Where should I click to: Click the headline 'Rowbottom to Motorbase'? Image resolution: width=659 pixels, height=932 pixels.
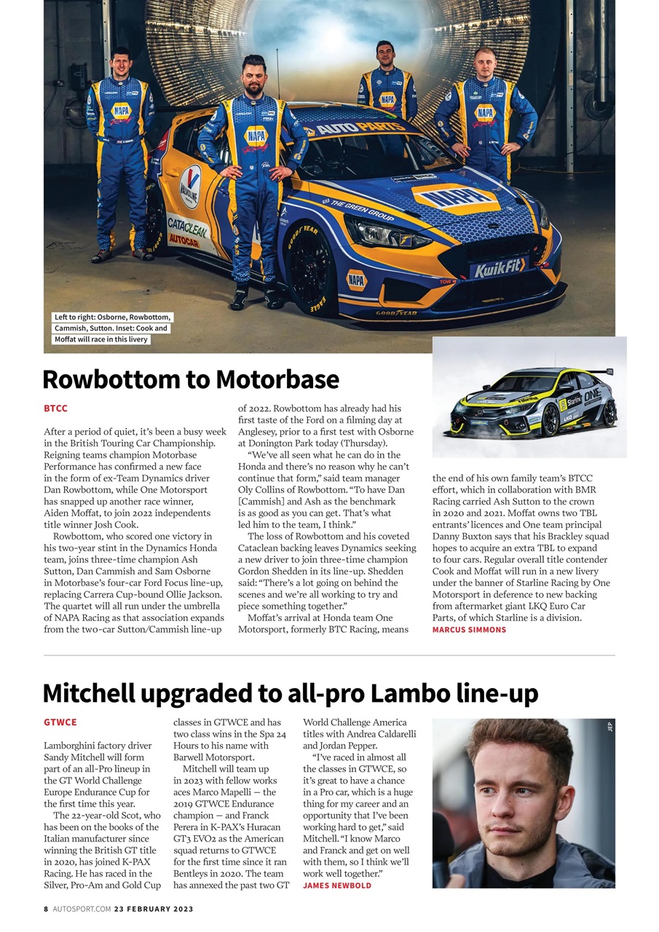tap(191, 379)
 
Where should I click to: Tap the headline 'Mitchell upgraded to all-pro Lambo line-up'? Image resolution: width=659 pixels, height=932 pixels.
tap(290, 692)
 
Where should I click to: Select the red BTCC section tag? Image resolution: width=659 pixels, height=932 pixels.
tap(55, 408)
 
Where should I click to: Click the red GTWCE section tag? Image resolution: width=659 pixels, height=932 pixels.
tap(60, 722)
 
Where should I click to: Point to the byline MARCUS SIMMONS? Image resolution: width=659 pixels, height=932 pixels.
tap(469, 630)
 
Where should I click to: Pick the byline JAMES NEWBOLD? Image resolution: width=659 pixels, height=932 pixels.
tap(336, 885)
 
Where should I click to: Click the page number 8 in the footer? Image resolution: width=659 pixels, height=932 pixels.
tap(46, 909)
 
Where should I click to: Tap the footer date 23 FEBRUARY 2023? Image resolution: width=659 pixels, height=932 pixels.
tap(154, 909)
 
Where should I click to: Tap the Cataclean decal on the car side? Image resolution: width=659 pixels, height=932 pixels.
tap(186, 227)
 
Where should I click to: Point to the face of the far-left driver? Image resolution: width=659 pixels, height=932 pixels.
tap(121, 63)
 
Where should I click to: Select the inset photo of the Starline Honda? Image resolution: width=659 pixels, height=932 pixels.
tap(529, 398)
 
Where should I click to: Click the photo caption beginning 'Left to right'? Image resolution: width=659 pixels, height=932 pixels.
tap(111, 328)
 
